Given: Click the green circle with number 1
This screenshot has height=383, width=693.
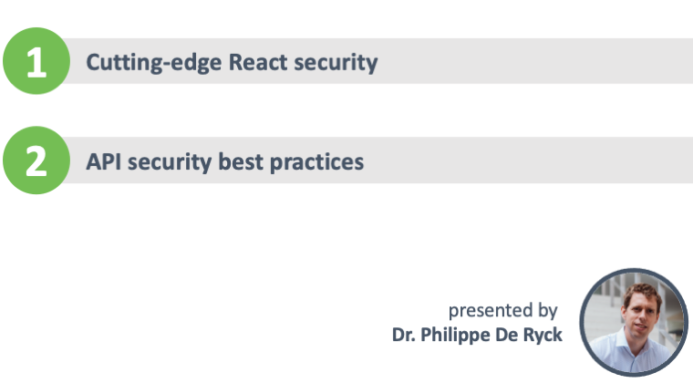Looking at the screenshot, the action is click(36, 61).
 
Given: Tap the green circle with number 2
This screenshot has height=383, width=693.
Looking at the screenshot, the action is click(36, 160).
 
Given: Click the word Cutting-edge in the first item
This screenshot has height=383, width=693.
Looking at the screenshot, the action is click(154, 63).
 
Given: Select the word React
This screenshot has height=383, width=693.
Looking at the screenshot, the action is click(258, 62).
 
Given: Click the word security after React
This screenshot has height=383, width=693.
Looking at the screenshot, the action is click(336, 63).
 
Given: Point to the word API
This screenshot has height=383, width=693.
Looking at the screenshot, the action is click(103, 161).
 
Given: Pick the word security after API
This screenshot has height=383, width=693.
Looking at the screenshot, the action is click(170, 162).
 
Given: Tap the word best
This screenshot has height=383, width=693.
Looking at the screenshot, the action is click(241, 161).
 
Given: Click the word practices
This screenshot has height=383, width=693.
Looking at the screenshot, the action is click(317, 162).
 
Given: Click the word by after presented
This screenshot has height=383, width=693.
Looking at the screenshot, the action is click(548, 311).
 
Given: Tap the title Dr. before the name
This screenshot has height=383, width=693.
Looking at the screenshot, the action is click(403, 335).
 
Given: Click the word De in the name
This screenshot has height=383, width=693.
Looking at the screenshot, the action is click(506, 335).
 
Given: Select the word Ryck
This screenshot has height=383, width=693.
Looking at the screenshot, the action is click(543, 336).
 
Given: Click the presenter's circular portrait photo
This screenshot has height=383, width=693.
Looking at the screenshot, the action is click(635, 323).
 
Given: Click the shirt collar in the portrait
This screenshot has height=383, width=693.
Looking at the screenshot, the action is click(636, 346).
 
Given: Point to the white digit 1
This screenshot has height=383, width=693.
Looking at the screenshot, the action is click(36, 62).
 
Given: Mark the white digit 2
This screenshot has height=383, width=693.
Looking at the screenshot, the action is click(36, 161).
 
